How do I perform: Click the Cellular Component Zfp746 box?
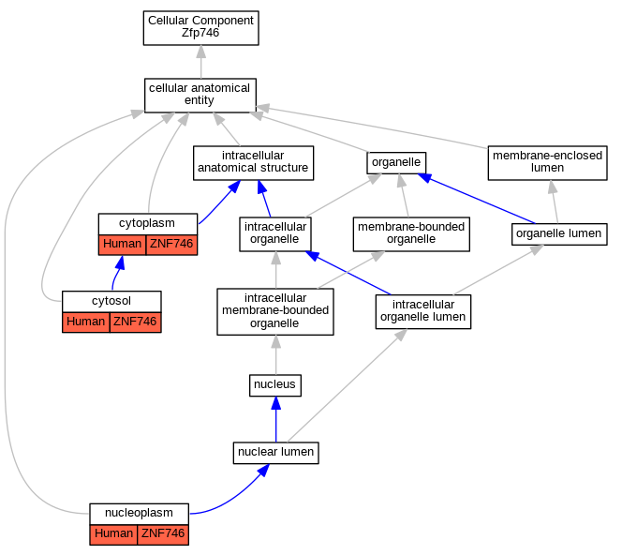click(200, 28)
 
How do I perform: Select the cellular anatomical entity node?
click(200, 96)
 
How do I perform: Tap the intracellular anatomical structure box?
click(253, 163)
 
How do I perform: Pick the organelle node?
click(396, 163)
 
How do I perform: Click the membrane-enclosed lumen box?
click(547, 163)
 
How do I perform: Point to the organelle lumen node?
click(559, 233)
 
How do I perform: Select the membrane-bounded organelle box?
click(411, 233)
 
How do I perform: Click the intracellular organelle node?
click(275, 233)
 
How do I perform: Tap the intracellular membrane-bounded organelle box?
click(275, 311)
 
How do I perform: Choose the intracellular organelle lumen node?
click(423, 311)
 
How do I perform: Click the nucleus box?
click(275, 385)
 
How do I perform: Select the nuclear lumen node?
click(275, 453)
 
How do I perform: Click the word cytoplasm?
click(147, 223)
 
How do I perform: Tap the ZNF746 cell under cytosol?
click(135, 322)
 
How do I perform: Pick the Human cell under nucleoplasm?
click(113, 534)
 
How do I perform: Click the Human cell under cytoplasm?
click(122, 245)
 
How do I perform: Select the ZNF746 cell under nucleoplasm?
click(163, 534)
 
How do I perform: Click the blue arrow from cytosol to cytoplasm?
click(117, 273)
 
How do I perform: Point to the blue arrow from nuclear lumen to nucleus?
click(276, 419)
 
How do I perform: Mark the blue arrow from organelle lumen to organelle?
click(477, 198)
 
